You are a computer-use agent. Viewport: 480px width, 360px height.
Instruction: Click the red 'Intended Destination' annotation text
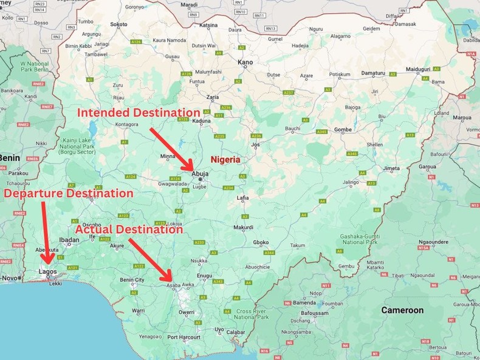point(138,113)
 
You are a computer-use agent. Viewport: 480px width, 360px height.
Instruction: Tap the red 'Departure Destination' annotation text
point(69,193)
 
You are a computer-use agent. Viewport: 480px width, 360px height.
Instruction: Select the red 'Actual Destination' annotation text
point(128,230)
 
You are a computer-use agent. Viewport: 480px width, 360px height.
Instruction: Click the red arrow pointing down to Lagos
point(46,231)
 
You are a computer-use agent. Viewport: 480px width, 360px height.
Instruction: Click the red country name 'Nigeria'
point(225,160)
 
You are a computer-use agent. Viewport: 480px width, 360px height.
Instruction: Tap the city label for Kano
point(245,63)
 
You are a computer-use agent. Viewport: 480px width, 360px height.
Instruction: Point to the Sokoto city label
point(119,25)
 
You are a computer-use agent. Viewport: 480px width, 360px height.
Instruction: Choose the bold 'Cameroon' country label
point(402,310)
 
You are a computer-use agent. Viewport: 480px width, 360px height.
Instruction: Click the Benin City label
point(132,280)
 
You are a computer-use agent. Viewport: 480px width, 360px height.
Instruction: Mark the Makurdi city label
point(243,228)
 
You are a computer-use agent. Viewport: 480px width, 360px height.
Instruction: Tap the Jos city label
point(256,145)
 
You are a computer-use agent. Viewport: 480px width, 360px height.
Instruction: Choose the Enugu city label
point(204,276)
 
